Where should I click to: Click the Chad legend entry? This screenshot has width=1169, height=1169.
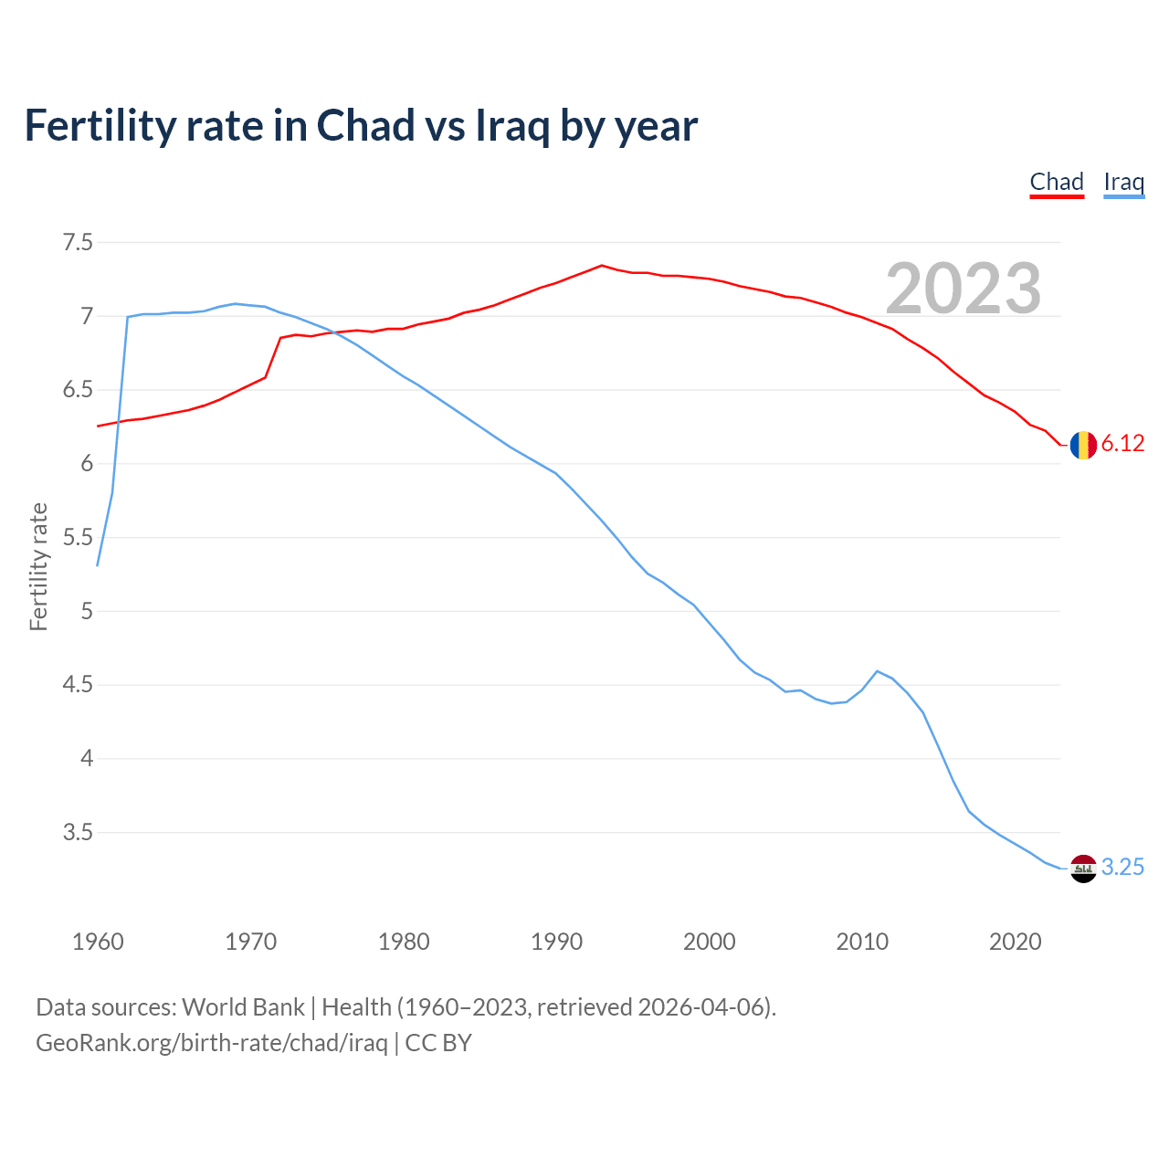click(x=1057, y=182)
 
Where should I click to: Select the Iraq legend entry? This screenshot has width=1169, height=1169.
click(x=1123, y=182)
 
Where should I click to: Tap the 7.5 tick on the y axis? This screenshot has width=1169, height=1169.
click(x=78, y=243)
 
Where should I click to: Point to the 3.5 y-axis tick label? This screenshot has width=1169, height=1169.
click(x=78, y=832)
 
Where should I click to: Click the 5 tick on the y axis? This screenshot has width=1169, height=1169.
click(x=87, y=611)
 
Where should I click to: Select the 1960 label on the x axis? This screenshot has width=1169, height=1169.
click(x=98, y=942)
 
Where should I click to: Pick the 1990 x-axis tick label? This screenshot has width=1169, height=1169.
click(x=556, y=942)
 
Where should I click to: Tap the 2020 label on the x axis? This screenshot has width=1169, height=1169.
click(x=1015, y=942)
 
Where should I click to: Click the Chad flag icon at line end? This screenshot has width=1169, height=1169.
click(x=1083, y=445)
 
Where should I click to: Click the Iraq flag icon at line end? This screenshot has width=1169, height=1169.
click(x=1083, y=869)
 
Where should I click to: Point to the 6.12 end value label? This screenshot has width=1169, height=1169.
click(x=1122, y=444)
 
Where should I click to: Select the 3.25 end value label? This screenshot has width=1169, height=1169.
click(x=1122, y=868)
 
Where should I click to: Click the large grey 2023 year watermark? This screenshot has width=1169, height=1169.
click(x=964, y=289)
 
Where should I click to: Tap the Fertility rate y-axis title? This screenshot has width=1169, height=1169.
click(x=38, y=566)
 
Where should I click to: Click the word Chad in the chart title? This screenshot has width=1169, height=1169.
click(x=365, y=125)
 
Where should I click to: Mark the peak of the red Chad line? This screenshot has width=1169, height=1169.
click(x=601, y=266)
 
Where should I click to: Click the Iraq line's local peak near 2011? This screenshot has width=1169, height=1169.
click(x=877, y=671)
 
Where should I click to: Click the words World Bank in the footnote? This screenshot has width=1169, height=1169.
click(x=243, y=1007)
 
